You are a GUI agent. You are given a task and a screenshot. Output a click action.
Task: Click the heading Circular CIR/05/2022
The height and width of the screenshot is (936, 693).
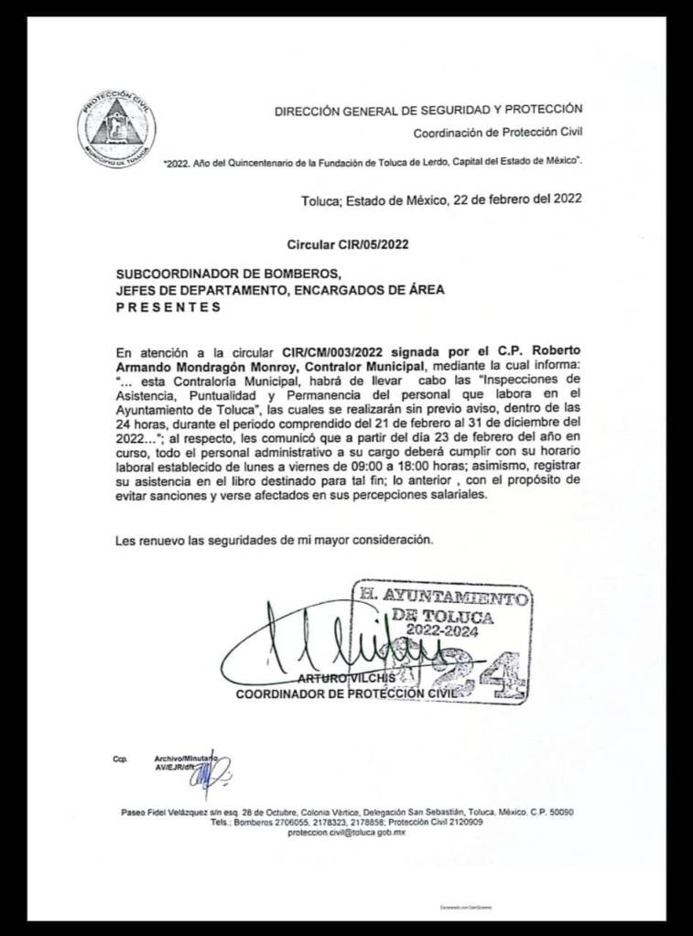click(347, 244)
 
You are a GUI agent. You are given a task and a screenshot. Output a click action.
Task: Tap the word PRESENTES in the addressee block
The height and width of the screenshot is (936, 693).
click(168, 307)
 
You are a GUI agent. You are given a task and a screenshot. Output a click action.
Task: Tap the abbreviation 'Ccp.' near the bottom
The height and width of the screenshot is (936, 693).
click(120, 759)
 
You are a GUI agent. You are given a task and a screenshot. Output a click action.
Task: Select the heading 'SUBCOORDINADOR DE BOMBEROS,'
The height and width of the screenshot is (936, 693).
click(228, 274)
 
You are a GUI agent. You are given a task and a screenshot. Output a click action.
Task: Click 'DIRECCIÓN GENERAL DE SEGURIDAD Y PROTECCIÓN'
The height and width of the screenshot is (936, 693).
click(428, 111)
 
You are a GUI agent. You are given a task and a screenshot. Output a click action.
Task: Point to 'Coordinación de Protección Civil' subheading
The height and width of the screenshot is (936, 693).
click(497, 133)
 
